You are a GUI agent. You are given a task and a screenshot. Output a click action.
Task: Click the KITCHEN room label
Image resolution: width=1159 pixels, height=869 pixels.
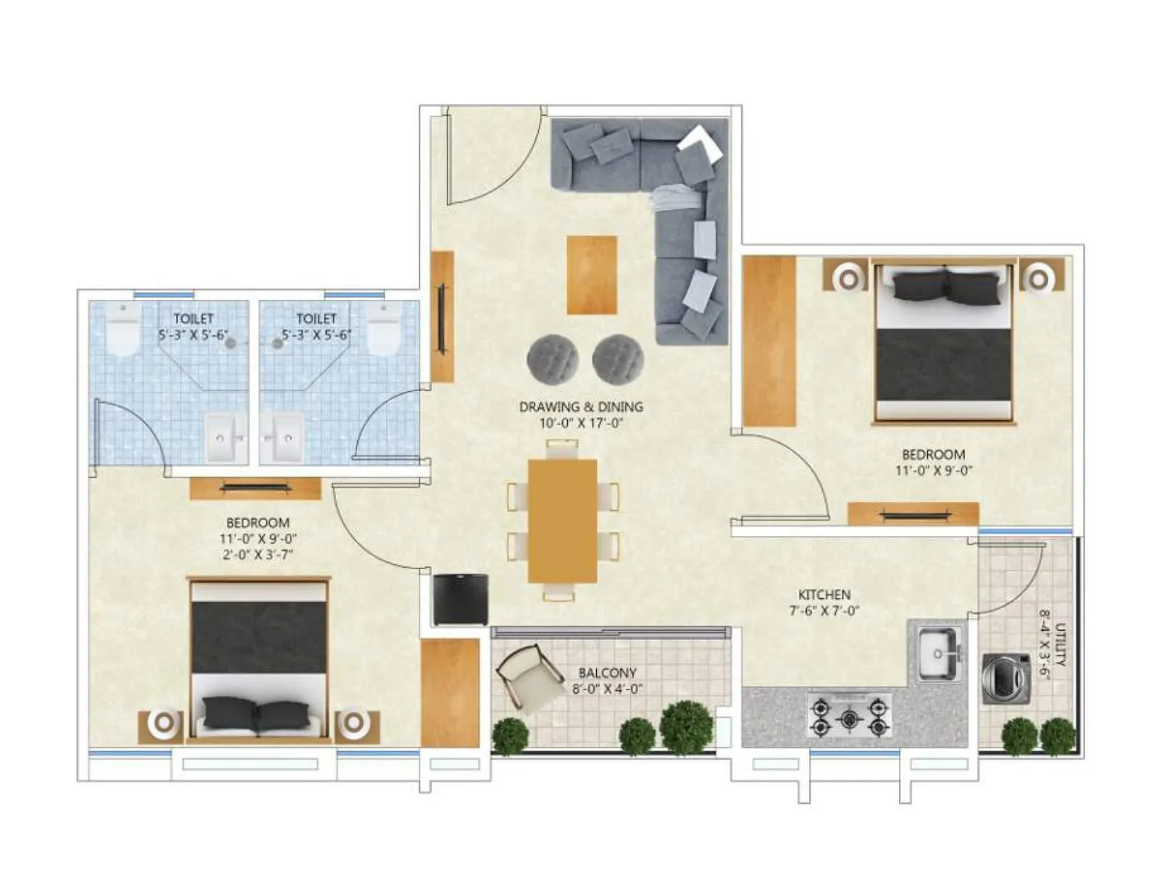coord(824,595)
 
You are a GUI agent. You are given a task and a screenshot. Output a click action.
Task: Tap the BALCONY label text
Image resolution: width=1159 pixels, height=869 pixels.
coord(607,673)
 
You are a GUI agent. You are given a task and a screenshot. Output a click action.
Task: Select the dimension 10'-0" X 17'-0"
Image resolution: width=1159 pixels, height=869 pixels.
coord(582,423)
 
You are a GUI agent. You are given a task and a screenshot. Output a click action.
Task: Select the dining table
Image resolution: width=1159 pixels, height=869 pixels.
coord(563,521)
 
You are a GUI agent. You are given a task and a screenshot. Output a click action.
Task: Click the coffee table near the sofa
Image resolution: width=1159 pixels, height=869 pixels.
coord(592,274)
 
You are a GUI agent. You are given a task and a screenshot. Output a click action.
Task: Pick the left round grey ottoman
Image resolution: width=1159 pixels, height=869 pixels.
coord(552,358)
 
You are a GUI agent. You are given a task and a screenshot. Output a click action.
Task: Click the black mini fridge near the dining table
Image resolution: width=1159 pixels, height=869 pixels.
coord(461,599)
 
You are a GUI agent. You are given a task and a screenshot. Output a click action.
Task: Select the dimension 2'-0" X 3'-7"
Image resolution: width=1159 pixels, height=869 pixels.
coord(258,555)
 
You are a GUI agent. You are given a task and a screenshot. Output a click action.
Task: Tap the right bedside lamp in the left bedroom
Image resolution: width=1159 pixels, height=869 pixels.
coord(354,723)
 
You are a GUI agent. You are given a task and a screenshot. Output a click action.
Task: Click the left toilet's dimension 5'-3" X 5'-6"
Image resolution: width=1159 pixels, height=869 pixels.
coord(193,335)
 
